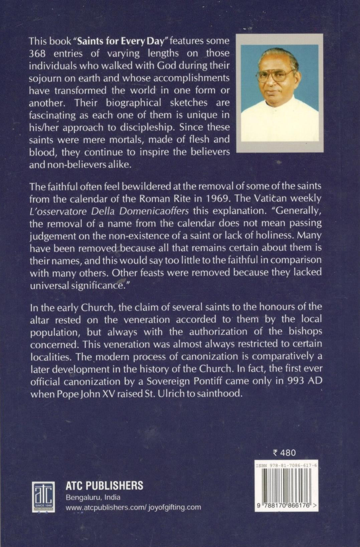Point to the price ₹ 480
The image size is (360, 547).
click(x=284, y=453)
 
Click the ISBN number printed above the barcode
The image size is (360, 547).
click(x=286, y=465)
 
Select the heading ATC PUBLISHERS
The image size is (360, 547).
click(x=104, y=485)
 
